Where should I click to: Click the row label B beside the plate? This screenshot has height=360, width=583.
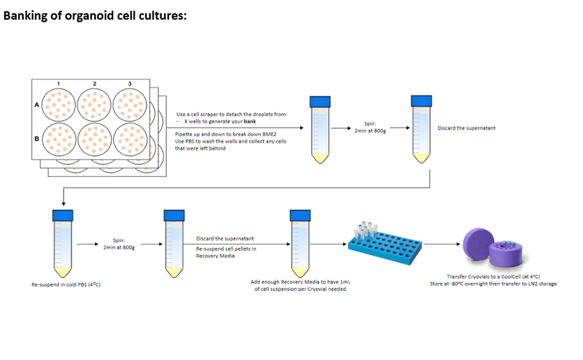pyautogui.click(x=36, y=139)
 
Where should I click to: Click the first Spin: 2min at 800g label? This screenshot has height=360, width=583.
pyautogui.click(x=369, y=127)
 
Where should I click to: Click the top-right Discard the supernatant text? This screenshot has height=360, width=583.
pyautogui.click(x=467, y=128)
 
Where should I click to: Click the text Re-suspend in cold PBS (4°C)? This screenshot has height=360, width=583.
pyautogui.click(x=66, y=285)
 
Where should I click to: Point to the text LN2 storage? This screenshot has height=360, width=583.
pyautogui.click(x=543, y=283)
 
